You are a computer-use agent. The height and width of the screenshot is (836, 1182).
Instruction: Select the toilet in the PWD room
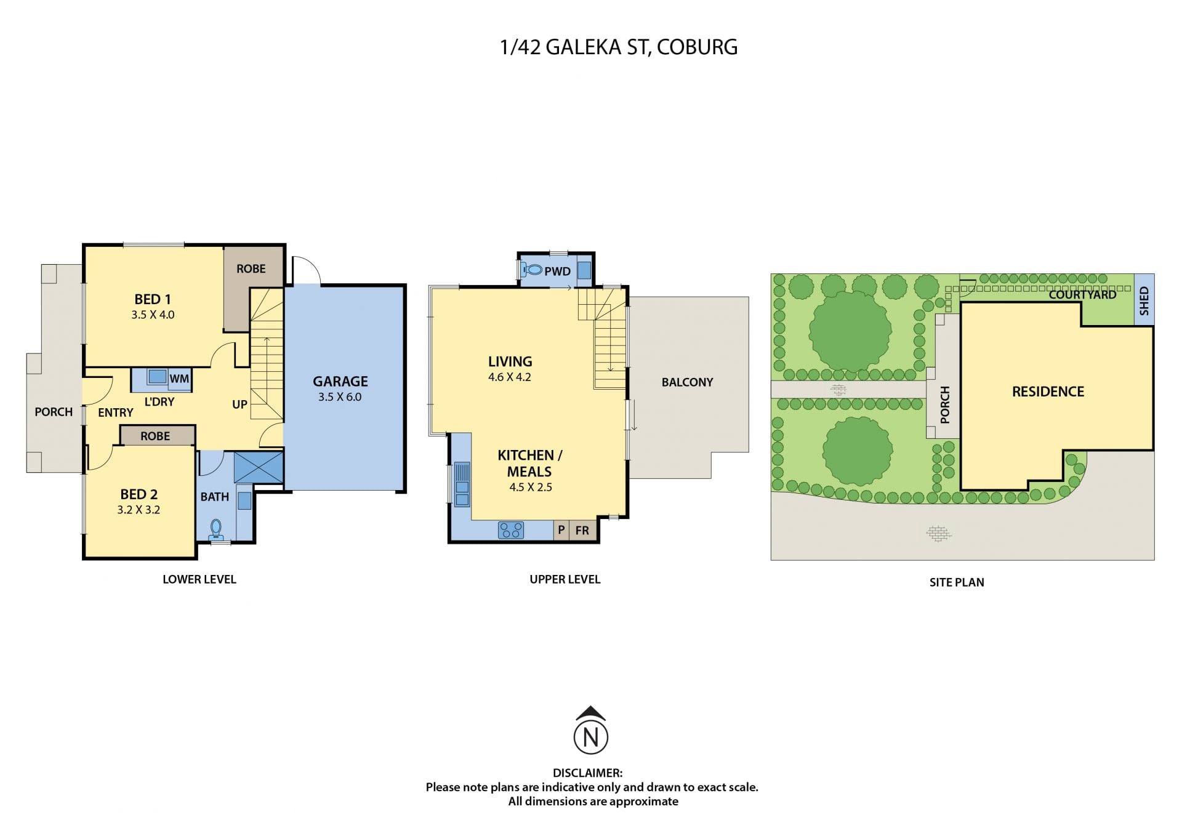click(x=531, y=269)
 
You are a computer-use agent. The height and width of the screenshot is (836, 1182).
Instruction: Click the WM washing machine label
click(x=179, y=379)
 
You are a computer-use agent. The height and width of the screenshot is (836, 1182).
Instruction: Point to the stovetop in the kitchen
click(x=511, y=530)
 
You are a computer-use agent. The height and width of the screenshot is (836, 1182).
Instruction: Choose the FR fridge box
click(x=582, y=530)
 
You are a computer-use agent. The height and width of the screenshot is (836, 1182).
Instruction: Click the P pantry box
click(x=561, y=530)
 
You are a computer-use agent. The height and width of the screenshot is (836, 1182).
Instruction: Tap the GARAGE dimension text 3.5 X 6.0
click(x=340, y=397)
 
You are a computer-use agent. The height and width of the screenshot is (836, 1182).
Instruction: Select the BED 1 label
click(x=153, y=299)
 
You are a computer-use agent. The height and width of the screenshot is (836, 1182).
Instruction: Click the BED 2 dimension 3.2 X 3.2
click(x=139, y=510)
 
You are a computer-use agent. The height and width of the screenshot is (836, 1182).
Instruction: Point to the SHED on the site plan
click(x=1144, y=299)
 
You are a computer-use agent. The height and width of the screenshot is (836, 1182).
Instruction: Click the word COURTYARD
click(x=1082, y=295)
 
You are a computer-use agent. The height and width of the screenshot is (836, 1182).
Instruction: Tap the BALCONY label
click(x=687, y=382)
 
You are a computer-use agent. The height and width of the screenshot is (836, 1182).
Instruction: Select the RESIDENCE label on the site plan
click(x=1048, y=392)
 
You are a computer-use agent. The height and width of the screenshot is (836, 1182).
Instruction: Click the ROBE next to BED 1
click(x=251, y=268)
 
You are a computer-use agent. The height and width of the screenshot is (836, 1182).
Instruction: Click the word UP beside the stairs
click(x=239, y=404)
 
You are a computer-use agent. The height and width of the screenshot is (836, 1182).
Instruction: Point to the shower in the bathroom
click(x=259, y=467)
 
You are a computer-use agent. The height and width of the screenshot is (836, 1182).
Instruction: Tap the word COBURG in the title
click(x=698, y=47)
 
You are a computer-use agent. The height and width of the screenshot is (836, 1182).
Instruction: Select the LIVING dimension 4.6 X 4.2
click(x=510, y=377)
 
